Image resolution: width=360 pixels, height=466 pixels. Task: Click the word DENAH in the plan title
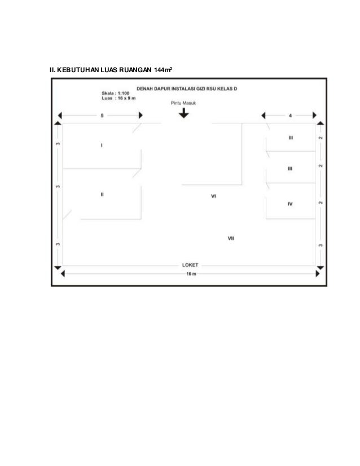pyautogui.click(x=142, y=88)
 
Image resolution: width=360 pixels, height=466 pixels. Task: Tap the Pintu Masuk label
pyautogui.click(x=183, y=103)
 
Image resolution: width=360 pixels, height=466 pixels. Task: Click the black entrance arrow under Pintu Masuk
pyautogui.click(x=183, y=113)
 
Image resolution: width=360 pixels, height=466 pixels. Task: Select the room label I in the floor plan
pyautogui.click(x=102, y=146)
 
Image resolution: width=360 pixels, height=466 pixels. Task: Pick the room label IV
pyautogui.click(x=290, y=204)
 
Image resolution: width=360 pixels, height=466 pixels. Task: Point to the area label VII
pyautogui.click(x=231, y=239)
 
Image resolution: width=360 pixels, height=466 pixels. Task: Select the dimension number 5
pyautogui.click(x=102, y=116)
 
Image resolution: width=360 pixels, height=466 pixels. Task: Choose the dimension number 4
pyautogui.click(x=290, y=116)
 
